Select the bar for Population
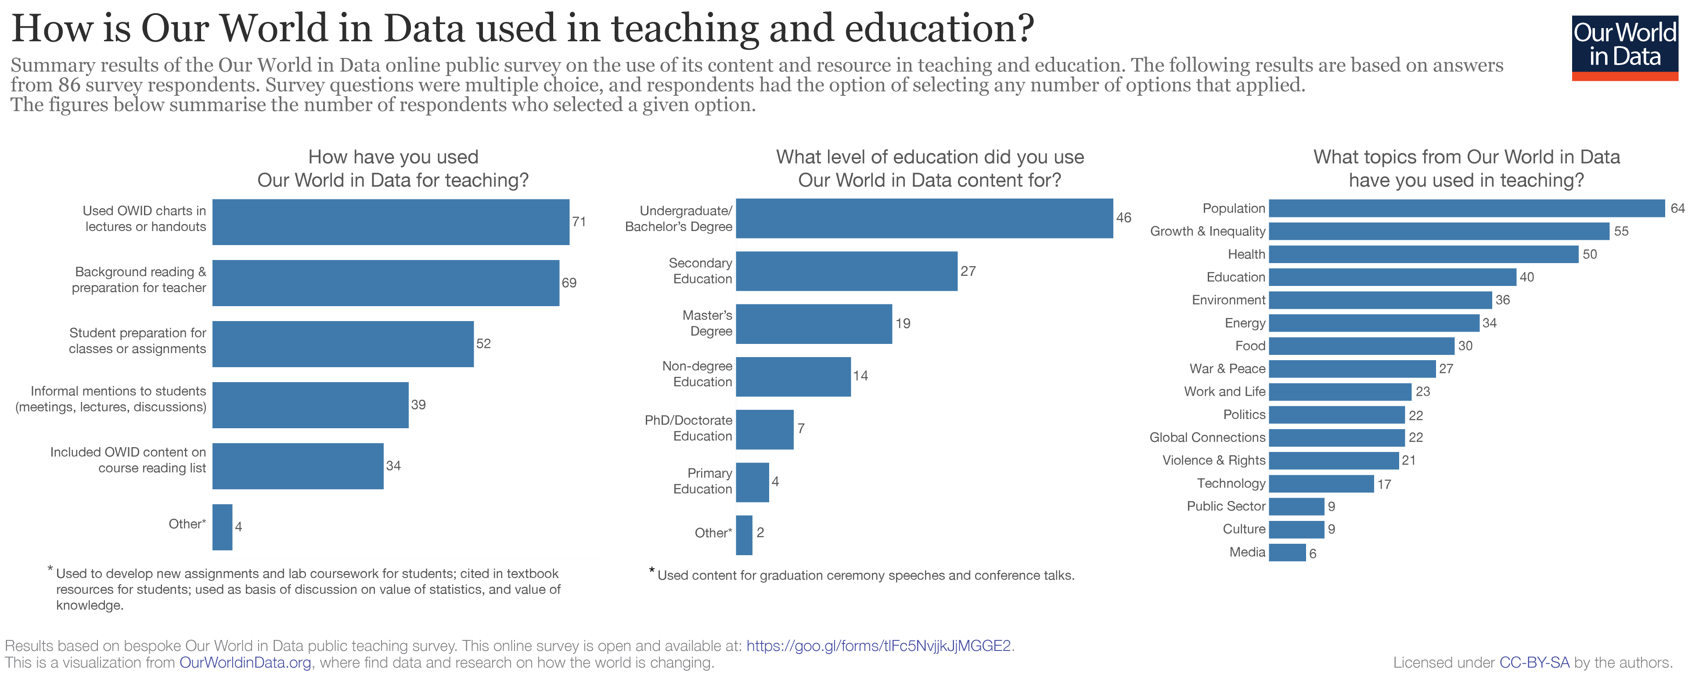coord(1466,209)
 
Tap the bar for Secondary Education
coord(846,271)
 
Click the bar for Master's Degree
coord(814,324)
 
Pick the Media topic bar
coord(1287,553)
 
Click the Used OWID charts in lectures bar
coord(390,222)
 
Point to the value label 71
coord(579,222)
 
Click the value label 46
coord(1123,218)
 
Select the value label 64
coord(1677,209)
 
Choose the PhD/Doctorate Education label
coord(688,428)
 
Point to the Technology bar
coord(1321,484)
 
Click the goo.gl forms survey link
coord(878,646)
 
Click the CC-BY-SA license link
coord(1534,662)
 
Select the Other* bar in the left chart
coord(222,527)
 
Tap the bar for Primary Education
coord(752,482)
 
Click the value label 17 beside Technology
coord(1384,484)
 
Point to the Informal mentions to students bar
coord(310,405)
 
